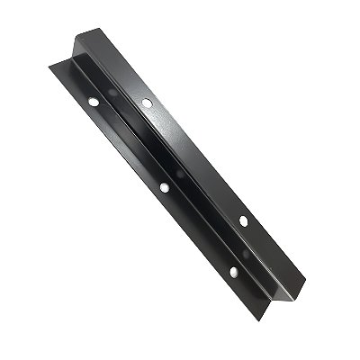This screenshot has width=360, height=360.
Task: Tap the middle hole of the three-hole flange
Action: coord(164,187)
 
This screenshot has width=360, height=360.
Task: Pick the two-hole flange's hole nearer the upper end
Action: coord(148,103)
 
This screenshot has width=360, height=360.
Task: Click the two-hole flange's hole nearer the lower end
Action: coord(243,219)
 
